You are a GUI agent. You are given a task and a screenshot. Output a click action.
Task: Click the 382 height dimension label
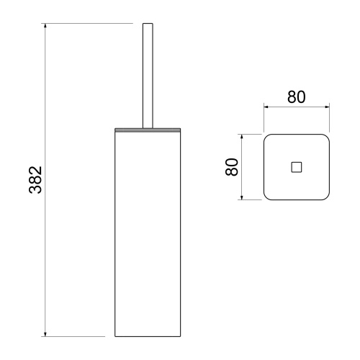click(35, 180)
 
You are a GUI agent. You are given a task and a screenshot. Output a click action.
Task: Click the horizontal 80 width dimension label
click(297, 97)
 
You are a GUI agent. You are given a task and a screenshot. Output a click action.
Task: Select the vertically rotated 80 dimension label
click(232, 167)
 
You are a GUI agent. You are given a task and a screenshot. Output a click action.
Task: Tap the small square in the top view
click(297, 167)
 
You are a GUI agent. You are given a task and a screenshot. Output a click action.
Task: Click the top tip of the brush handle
click(148, 24)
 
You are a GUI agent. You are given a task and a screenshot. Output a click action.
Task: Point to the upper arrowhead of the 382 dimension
click(45, 26)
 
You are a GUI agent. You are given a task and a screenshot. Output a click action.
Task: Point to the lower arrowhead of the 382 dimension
click(45, 334)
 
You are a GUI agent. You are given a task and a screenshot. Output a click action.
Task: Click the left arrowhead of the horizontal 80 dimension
click(266, 107)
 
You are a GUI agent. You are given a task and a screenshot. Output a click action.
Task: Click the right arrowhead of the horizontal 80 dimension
click(327, 107)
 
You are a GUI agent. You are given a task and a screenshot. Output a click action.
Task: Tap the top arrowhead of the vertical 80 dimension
click(242, 137)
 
